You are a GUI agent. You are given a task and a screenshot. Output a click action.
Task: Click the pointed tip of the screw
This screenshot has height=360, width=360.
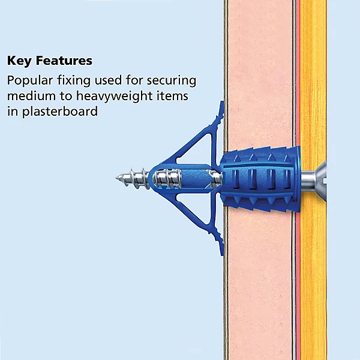coord(118,178)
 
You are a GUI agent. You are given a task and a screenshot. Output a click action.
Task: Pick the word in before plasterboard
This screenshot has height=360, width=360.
coord(11,112)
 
